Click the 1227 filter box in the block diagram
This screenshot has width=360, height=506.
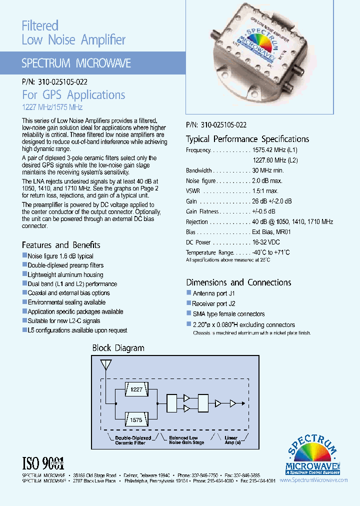point(136,389)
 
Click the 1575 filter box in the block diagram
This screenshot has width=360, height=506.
point(136,420)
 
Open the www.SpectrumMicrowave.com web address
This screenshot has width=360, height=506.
point(313,479)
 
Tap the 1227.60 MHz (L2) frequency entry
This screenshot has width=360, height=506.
point(275,160)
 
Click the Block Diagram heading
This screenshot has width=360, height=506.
point(118,348)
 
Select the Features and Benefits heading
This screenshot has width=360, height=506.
point(61,245)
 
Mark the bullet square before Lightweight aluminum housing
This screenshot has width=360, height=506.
point(24,274)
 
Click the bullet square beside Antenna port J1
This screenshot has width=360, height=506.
point(189,292)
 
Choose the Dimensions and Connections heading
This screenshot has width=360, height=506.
point(238,282)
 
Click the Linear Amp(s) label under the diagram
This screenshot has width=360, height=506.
point(231,440)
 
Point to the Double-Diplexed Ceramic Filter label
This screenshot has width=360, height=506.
point(130,440)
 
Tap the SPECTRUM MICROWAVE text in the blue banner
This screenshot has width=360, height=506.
point(76,63)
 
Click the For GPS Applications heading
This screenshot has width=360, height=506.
point(73,95)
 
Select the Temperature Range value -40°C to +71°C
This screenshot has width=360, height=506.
point(270,252)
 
